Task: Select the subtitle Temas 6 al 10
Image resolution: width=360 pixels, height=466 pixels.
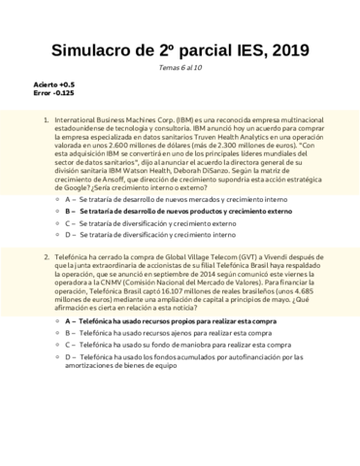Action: click(180, 69)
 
